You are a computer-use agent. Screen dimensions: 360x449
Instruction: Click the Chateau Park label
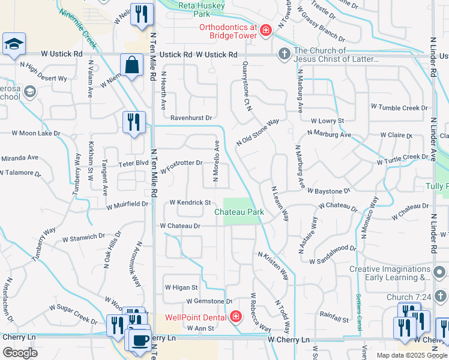(240, 212)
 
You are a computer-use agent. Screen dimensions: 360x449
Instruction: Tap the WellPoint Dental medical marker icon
(235, 317)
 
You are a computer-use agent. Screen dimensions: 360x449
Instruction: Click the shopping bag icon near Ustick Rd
(131, 65)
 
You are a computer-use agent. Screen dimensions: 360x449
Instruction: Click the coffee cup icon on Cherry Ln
(140, 340)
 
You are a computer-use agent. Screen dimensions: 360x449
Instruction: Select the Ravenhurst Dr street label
(191, 118)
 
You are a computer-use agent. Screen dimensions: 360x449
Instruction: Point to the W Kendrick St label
(190, 203)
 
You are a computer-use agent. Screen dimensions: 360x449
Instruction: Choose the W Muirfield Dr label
(127, 205)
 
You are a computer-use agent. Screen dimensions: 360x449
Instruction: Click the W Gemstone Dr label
(209, 301)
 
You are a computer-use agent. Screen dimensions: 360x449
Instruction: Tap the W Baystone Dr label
(328, 191)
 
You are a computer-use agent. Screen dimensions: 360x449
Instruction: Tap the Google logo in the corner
(20, 353)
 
